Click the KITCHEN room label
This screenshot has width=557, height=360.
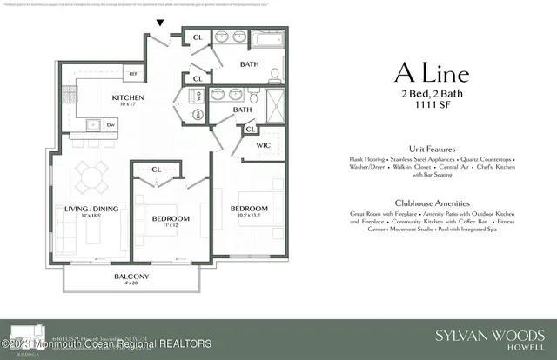[127, 97]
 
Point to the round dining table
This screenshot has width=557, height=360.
[91, 178]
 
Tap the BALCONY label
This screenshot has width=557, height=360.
[131, 277]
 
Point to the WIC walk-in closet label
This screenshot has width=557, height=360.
[265, 146]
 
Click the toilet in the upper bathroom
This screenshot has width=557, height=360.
[274, 74]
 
